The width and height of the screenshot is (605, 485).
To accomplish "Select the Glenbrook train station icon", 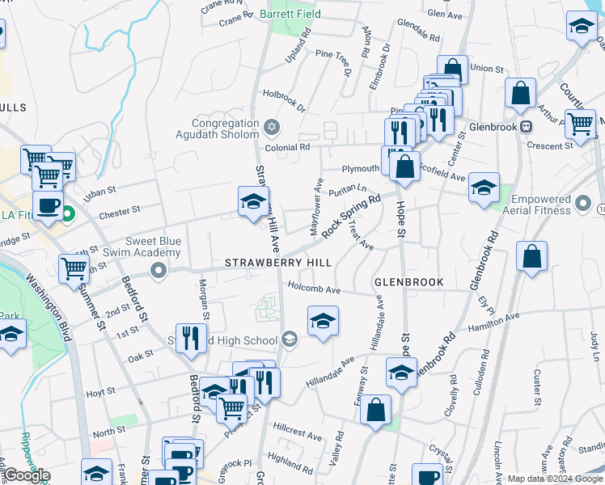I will pyautogui.click(x=526, y=126).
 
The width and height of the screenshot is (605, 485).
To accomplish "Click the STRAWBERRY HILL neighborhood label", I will pyautogui.click(x=278, y=264).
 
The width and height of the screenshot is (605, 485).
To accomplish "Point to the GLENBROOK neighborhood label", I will pyautogui.click(x=409, y=282).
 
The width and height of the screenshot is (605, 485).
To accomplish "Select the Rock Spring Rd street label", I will pyautogui.click(x=351, y=216).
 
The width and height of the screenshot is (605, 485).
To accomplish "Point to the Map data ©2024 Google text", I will pyautogui.click(x=554, y=479).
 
